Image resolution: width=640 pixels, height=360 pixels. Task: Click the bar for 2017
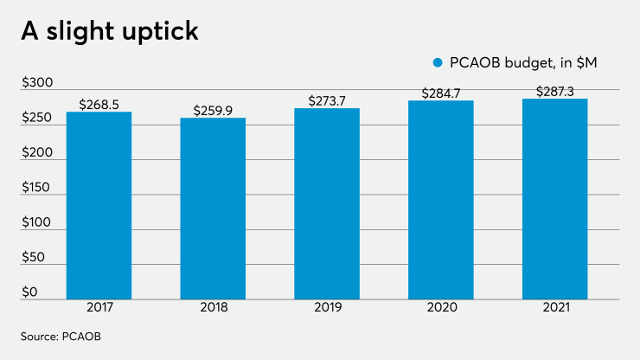(99, 204)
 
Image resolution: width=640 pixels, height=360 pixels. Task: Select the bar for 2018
(213, 208)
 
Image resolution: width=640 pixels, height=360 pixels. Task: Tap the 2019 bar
(327, 202)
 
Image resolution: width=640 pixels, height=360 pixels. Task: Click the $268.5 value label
(99, 105)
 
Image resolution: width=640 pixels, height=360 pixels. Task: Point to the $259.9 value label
(213, 111)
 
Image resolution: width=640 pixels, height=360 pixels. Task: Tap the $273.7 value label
(327, 101)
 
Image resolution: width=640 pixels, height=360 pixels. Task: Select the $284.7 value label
(441, 93)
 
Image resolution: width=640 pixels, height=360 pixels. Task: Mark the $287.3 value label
(555, 90)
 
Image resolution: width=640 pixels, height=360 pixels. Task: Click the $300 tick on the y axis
(37, 84)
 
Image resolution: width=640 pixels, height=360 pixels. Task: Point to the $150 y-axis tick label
(36, 188)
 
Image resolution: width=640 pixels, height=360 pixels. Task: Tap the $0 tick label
(30, 292)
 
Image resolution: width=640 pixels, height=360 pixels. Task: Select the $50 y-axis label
(33, 258)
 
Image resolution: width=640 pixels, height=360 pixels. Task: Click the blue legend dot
(438, 62)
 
